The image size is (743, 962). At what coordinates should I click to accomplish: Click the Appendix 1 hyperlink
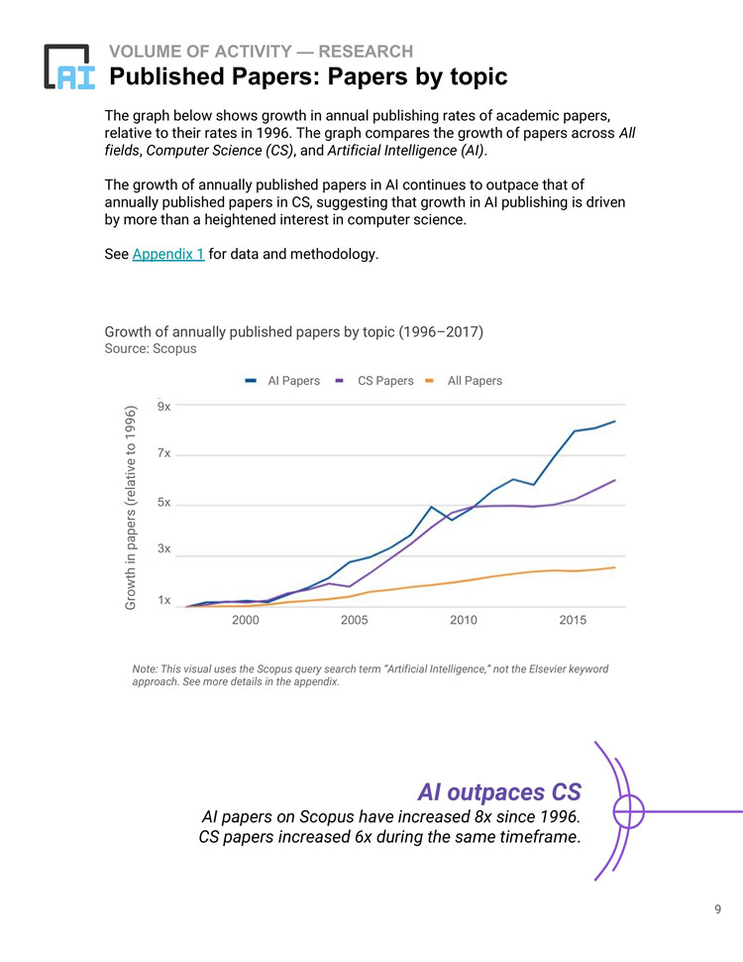coord(168,254)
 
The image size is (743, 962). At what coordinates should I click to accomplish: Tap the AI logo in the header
coord(69,66)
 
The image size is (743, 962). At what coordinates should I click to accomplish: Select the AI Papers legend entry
coord(282,381)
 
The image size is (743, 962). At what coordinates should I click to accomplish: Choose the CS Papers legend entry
coord(373,381)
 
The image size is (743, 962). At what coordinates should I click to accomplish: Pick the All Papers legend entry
coord(464,381)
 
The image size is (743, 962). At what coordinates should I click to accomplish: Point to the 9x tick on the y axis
coord(163,407)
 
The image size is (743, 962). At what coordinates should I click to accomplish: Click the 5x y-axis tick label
coord(163,502)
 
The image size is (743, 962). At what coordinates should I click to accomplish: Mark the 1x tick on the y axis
coord(163,600)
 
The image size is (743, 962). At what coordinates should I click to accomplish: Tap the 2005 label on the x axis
coord(355,620)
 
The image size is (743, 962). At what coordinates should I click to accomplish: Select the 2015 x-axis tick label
coord(573,620)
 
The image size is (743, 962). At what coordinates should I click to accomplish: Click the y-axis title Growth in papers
coord(130,508)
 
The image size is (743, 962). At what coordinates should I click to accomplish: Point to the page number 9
coord(718,909)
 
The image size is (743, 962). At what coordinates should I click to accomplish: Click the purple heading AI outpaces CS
coord(499,792)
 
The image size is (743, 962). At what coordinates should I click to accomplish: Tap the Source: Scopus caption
coord(151,348)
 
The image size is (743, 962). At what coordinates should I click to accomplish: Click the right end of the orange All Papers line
coord(615,567)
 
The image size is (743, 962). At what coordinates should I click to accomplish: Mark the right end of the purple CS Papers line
coord(615,480)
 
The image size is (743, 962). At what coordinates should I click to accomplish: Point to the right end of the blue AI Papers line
coord(615,421)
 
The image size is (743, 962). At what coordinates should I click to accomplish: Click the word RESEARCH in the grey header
coord(366,52)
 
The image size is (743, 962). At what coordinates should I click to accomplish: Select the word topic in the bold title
coord(478,76)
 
